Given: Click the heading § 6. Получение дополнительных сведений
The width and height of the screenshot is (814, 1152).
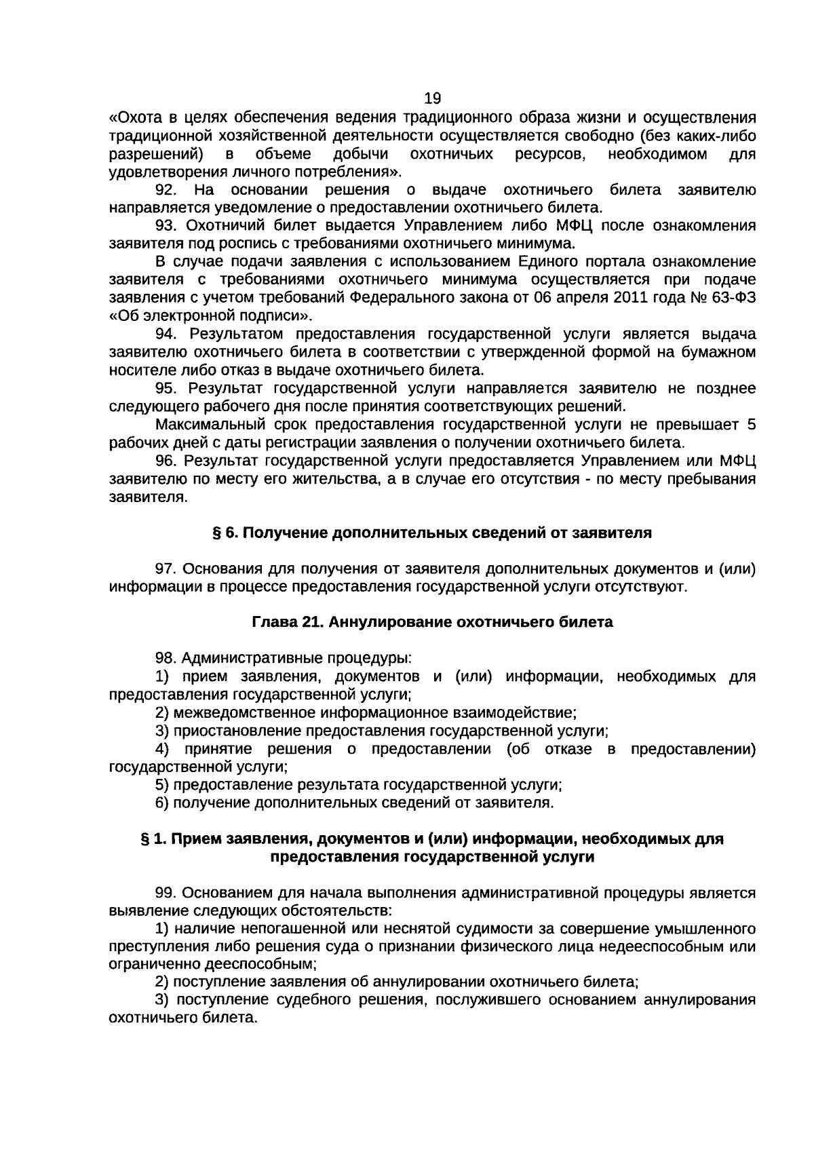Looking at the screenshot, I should (433, 533).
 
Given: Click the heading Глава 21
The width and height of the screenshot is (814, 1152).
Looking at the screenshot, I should (286, 622).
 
